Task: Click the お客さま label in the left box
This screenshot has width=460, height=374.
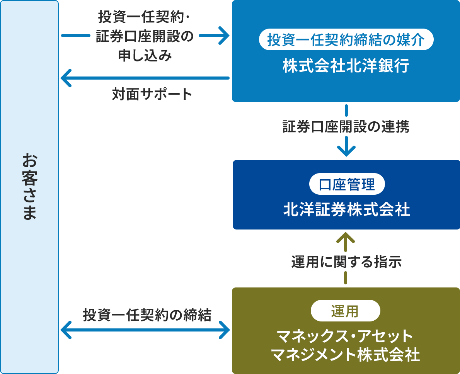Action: click(29, 187)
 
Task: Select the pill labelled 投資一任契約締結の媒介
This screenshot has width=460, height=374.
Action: click(346, 40)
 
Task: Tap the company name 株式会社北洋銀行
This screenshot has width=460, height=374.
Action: click(346, 66)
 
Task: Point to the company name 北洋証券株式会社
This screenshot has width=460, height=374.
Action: click(346, 210)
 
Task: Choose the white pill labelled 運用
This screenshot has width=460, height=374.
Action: click(345, 311)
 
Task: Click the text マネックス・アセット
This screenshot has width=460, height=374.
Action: click(345, 336)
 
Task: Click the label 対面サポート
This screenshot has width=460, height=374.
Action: click(152, 94)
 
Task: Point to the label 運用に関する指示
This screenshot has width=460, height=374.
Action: click(346, 262)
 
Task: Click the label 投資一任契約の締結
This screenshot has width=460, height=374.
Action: click(147, 315)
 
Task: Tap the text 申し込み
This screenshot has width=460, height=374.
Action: click(145, 56)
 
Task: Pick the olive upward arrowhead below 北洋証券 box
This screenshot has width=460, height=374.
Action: click(346, 237)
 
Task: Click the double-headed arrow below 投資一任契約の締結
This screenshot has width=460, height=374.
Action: click(145, 330)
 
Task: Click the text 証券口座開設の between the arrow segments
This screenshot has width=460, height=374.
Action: click(145, 37)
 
